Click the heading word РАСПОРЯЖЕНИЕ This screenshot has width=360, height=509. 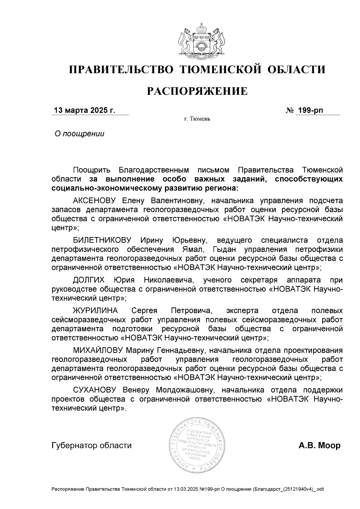click(197, 91)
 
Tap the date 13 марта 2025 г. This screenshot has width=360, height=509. click(84, 110)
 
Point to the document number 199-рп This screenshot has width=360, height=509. click(310, 110)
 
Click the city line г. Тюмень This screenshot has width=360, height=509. click(197, 119)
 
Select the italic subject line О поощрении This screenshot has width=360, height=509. click(79, 134)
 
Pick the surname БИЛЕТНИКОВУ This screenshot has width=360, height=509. click(102, 240)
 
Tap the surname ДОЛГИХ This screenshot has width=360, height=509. click(89, 280)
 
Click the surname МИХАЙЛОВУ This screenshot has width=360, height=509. click(98, 350)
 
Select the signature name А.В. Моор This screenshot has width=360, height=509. click(319, 445)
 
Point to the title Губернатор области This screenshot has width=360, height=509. click(91, 445)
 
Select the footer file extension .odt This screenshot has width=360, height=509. click(319, 489)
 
